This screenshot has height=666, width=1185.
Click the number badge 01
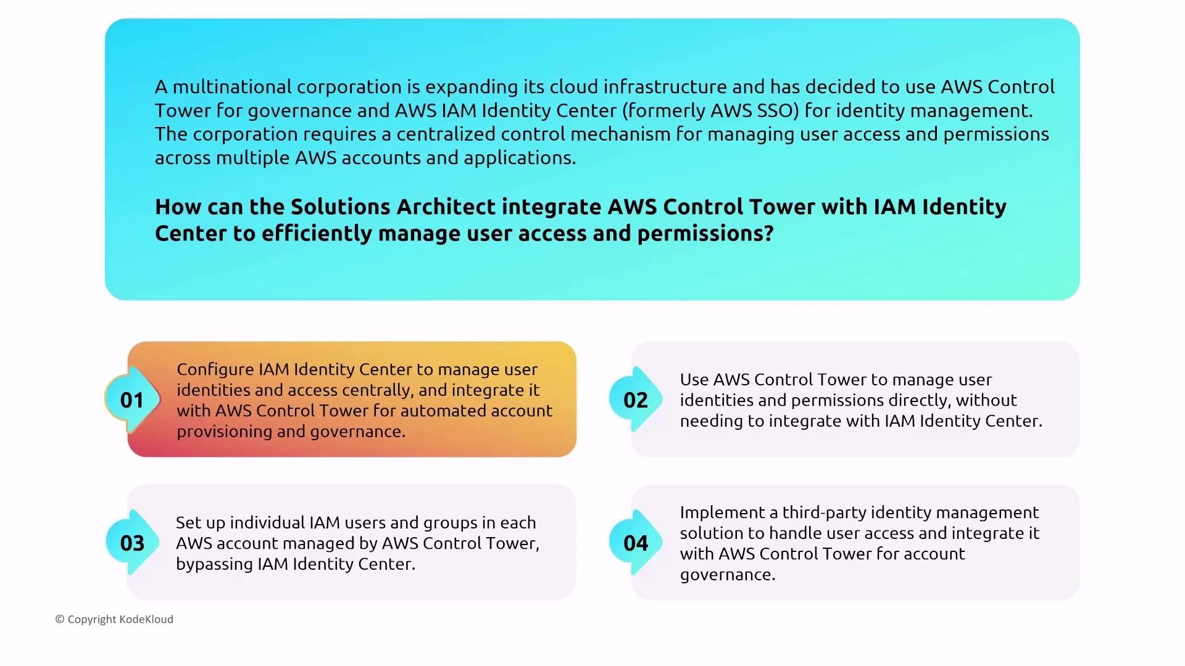[132, 400]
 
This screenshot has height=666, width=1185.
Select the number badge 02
[636, 400]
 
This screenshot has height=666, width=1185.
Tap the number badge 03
[132, 543]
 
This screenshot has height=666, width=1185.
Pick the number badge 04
[636, 543]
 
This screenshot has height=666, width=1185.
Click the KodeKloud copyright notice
[114, 619]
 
